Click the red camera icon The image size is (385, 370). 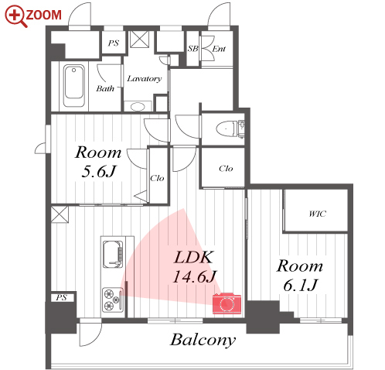point(227,303)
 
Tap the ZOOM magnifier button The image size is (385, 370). point(33,15)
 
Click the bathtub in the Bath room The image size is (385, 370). point(74,85)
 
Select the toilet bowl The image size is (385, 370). point(226,128)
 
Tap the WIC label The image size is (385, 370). point(317,214)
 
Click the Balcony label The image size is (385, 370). point(203,340)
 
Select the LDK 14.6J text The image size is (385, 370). point(194,267)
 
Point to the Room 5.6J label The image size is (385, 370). point(98,162)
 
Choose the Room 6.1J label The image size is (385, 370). point(300,276)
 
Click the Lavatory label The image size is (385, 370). point(145,78)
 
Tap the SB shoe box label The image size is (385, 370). point(192,49)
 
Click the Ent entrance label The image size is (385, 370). point(219,49)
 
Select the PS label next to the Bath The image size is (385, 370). point(114,43)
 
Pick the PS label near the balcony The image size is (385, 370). point(61,297)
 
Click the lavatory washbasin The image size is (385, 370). point(138,106)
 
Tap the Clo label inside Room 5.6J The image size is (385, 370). point(157,178)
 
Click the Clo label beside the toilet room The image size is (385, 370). point(226,169)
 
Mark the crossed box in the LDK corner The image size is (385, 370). point(60,214)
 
